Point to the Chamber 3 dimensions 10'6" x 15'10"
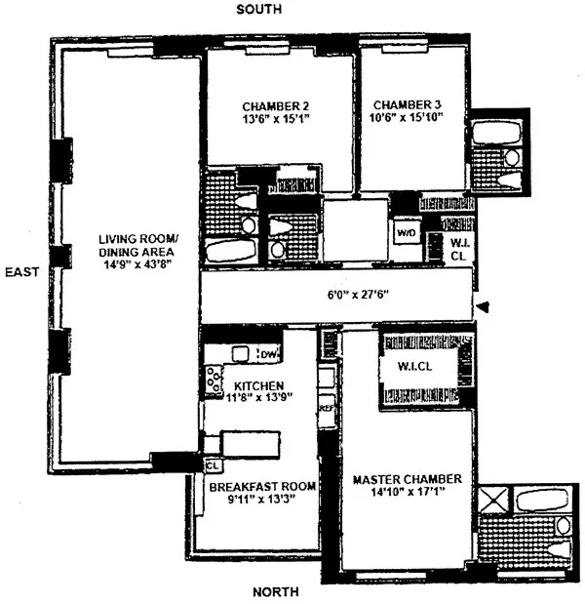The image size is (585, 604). (x=407, y=119)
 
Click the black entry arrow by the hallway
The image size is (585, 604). (x=482, y=308)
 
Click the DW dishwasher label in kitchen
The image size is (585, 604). (x=267, y=353)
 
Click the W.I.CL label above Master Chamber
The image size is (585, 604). (x=405, y=368)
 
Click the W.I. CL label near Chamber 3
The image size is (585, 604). (x=457, y=249)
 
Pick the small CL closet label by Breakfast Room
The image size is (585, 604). (x=212, y=465)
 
